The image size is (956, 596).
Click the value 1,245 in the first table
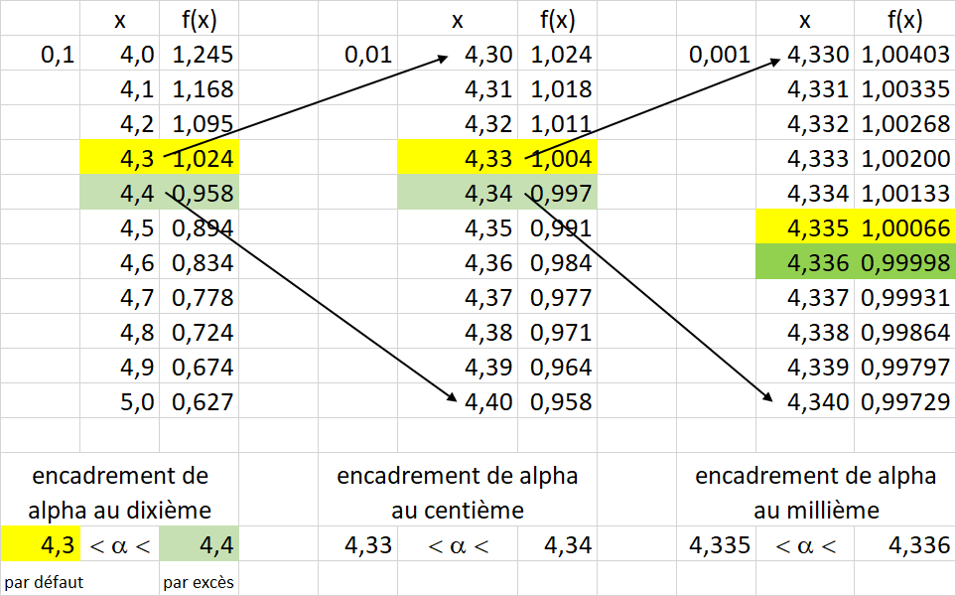click(203, 55)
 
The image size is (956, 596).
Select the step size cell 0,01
click(368, 55)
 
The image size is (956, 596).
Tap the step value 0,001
click(720, 55)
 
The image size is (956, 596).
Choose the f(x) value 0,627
click(203, 402)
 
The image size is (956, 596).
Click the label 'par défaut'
click(44, 582)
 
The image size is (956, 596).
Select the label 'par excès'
click(199, 582)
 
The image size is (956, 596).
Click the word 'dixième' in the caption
click(167, 511)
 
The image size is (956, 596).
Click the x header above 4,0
click(119, 20)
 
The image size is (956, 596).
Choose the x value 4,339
click(818, 368)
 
